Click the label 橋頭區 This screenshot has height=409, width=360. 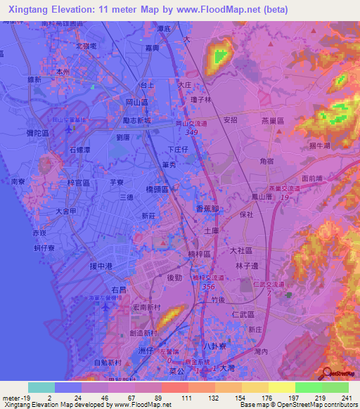pyautogui.click(x=157, y=190)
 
